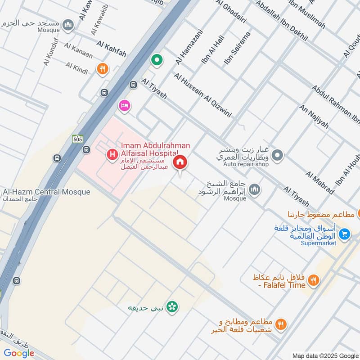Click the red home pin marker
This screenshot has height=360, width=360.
click(180, 162)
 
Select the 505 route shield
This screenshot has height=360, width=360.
click(77, 139)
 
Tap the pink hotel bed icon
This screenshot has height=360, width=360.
click(124, 106)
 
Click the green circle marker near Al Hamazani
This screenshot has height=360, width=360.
click(157, 59)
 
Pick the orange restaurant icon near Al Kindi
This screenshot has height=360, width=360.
click(103, 69)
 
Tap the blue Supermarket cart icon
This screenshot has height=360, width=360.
click(345, 234)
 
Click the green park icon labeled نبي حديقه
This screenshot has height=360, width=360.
click(171, 307)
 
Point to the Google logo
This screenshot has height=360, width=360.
click(19, 353)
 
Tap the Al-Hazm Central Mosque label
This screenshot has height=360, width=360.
click(46, 192)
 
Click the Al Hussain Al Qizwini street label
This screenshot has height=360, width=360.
click(203, 95)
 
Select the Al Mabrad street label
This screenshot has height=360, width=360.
click(319, 183)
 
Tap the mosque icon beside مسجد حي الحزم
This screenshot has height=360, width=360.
click(68, 23)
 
